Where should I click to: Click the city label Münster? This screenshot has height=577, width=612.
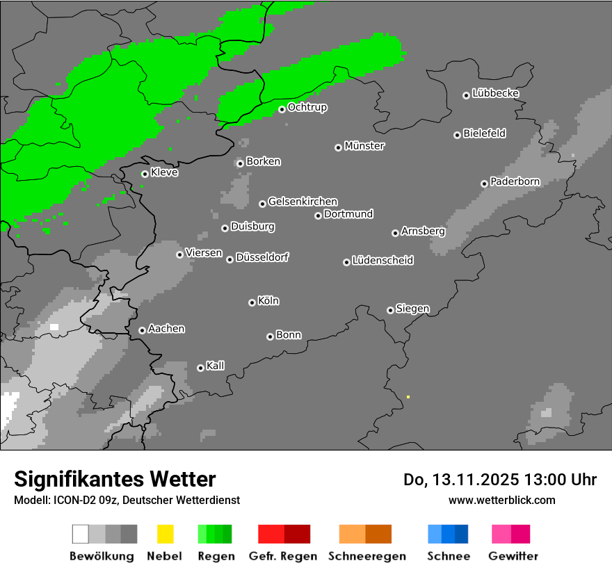click(364, 146)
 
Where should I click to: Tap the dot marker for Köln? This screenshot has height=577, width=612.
click(252, 302)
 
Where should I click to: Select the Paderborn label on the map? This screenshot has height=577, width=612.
click(515, 181)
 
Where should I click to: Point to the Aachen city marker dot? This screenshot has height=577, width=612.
click(142, 330)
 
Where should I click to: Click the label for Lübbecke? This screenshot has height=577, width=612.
click(495, 93)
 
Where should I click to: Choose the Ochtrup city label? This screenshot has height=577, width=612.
click(307, 107)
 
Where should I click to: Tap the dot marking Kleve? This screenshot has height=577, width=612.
click(145, 174)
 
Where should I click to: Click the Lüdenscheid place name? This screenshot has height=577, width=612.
click(382, 261)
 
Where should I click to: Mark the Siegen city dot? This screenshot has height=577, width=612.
click(390, 310)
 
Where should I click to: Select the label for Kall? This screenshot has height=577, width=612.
click(216, 366)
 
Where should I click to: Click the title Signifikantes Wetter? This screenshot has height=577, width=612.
click(115, 479)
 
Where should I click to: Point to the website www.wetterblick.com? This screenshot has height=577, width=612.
click(501, 500)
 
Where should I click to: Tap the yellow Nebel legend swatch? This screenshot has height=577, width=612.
click(165, 534)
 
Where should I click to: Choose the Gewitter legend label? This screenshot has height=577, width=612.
click(513, 556)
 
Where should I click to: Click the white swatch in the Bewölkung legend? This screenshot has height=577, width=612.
click(81, 534)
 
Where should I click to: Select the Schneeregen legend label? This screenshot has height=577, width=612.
click(367, 556)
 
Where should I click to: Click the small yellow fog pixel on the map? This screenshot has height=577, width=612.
click(408, 397)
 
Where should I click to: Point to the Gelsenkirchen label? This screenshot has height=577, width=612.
click(303, 202)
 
